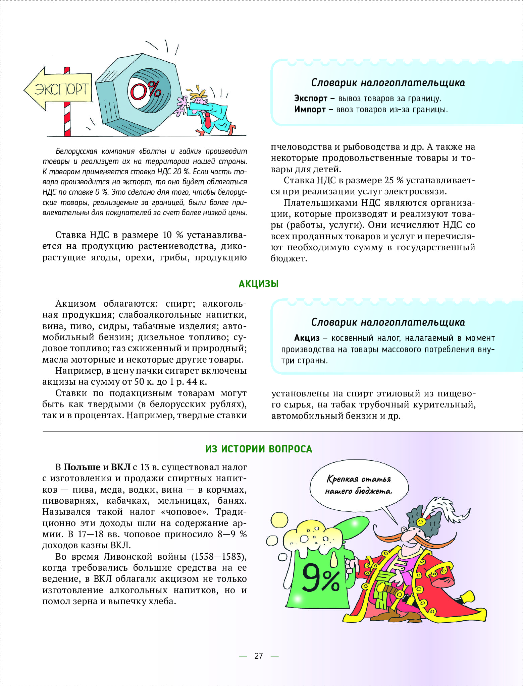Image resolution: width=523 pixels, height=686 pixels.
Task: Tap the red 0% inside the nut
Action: (x=145, y=90)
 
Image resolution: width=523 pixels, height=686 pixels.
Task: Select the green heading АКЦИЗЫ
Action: (x=259, y=284)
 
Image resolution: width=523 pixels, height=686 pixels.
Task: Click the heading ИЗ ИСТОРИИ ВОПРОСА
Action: (x=259, y=449)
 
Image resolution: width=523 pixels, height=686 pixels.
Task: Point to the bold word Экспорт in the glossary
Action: (x=311, y=98)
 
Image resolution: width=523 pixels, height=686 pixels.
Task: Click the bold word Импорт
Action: (x=310, y=109)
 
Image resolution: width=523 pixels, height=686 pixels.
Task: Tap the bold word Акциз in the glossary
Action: (x=307, y=338)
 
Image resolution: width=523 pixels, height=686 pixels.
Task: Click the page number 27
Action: (x=259, y=656)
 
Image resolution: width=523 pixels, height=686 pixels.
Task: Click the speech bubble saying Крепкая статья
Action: (x=359, y=485)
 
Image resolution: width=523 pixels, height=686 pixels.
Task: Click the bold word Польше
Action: (x=82, y=467)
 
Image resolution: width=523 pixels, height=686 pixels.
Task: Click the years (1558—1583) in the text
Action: (x=219, y=557)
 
